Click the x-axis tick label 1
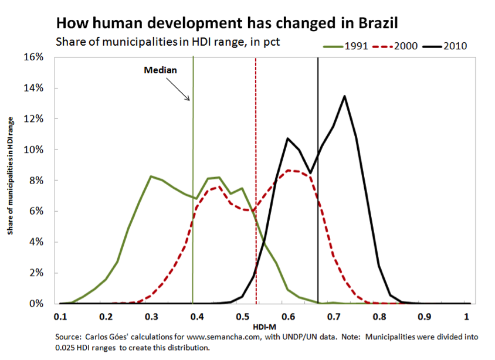467,317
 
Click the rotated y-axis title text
11,175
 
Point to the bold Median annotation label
160,70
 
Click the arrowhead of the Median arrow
190,100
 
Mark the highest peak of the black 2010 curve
344,96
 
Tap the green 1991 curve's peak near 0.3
151,176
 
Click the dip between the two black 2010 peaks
310,173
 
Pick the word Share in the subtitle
68,42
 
